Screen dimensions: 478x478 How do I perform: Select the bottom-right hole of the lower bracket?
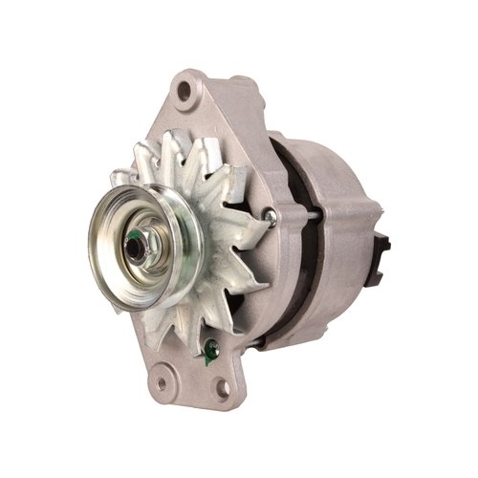(222, 387)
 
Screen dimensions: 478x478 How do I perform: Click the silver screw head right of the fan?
(272, 219)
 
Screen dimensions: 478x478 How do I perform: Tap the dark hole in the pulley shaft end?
(134, 250)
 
